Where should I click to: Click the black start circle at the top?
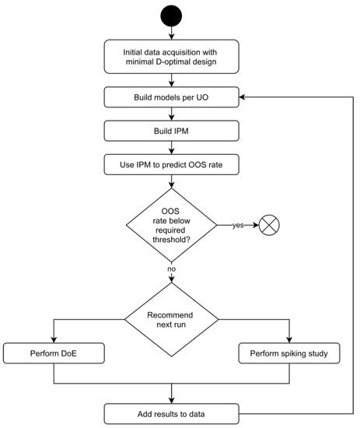coord(172,16)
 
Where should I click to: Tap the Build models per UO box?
coord(172,98)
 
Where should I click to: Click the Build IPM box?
coord(172,132)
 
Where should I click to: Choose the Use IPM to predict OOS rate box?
coord(172,165)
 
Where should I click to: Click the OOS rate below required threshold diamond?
coord(172,225)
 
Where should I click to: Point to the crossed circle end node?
coord(268,225)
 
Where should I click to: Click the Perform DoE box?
coord(54,354)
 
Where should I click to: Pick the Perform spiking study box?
coord(288,354)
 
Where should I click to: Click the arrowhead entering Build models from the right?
coord(243,98)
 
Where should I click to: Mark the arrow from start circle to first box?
coord(172,32)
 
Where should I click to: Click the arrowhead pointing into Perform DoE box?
coord(54,340)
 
